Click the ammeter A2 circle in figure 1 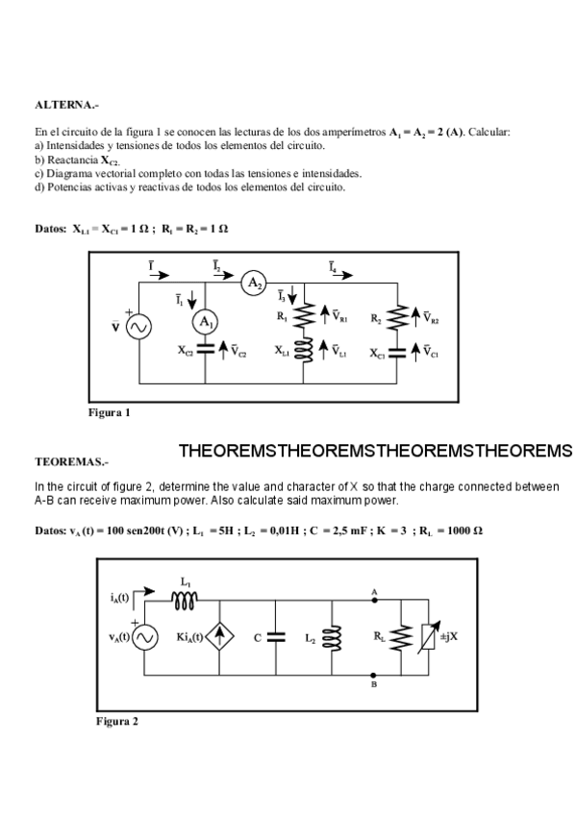pyautogui.click(x=253, y=283)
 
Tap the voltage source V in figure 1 pyautogui.click(x=138, y=327)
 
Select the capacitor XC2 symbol pyautogui.click(x=207, y=352)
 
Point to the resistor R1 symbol pyautogui.click(x=304, y=315)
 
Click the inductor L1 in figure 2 pyautogui.click(x=185, y=599)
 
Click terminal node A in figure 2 pyautogui.click(x=373, y=599)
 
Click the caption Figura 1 pyautogui.click(x=110, y=412)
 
